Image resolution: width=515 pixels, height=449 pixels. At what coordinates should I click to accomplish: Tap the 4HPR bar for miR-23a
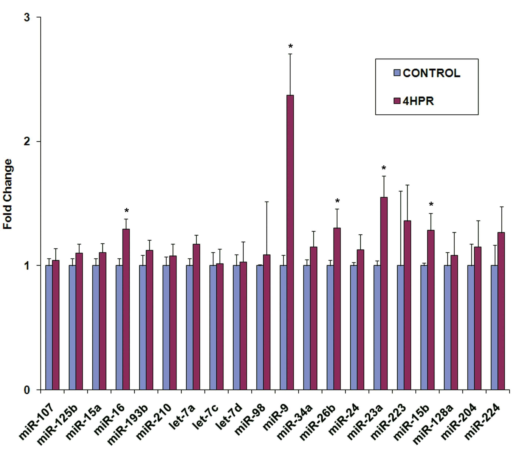click(384, 293)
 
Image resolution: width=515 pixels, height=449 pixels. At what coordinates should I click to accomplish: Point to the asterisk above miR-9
click(290, 46)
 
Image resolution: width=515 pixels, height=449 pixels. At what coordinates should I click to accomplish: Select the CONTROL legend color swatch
click(397, 73)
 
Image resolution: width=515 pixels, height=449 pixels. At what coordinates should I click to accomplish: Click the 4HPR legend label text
click(418, 101)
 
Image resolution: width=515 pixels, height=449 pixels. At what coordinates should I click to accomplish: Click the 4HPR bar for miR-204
click(478, 318)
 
